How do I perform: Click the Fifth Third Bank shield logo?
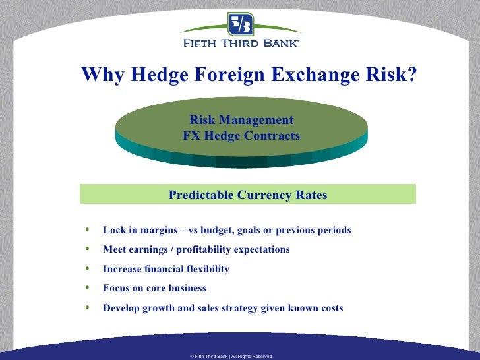coord(240,24)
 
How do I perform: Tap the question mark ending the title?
coord(411,75)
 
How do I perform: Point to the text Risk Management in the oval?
coord(241,120)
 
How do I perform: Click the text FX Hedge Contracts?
coord(241,136)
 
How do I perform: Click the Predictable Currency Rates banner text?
coord(248,195)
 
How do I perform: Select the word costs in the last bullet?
coord(330,308)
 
